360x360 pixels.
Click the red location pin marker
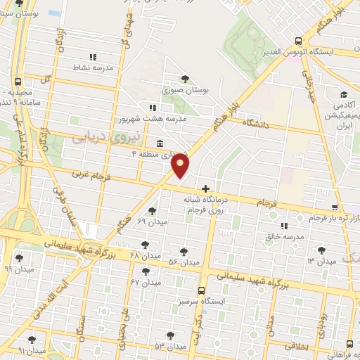[181, 166]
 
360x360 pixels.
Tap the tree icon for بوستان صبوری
[185, 79]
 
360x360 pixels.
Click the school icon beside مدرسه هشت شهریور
[152, 108]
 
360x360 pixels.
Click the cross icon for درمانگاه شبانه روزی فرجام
[205, 188]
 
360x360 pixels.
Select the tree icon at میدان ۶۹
[153, 210]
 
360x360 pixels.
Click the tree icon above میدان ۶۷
[146, 271]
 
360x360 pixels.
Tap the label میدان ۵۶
[184, 262]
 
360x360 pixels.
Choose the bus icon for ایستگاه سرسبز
[202, 290]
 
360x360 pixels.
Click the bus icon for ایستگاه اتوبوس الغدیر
[299, 41]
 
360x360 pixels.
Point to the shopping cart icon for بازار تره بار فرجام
[335, 207]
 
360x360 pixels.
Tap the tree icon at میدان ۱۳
[321, 249]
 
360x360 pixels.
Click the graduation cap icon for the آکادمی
[344, 95]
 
